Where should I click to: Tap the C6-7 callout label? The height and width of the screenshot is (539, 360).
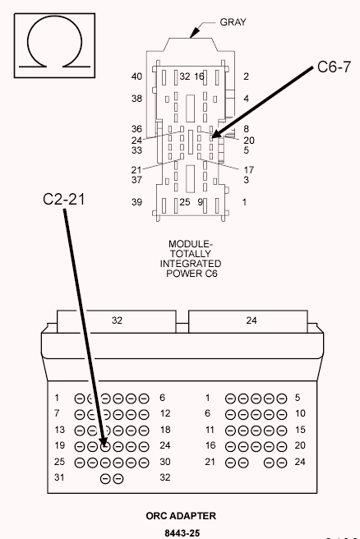[334, 68]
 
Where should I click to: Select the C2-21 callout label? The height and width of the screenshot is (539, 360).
[62, 198]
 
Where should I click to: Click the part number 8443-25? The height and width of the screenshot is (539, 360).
[182, 532]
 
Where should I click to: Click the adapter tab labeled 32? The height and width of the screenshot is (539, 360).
[116, 320]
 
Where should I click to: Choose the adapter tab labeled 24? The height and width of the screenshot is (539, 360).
[251, 320]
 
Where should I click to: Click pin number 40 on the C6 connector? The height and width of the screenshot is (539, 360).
[136, 76]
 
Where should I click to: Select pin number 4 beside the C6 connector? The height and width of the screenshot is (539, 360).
[246, 99]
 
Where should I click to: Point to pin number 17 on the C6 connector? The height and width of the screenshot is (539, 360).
[248, 169]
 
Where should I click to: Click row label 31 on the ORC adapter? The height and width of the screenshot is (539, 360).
[58, 477]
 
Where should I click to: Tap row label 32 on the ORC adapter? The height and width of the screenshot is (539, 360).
[164, 477]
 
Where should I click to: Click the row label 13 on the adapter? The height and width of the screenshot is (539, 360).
[58, 430]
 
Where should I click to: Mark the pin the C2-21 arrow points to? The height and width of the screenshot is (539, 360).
[105, 446]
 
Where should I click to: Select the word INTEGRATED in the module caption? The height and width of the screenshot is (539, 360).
[190, 264]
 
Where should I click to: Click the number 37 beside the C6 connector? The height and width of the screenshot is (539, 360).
[136, 179]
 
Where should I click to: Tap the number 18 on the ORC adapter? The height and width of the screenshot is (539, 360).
[164, 430]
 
